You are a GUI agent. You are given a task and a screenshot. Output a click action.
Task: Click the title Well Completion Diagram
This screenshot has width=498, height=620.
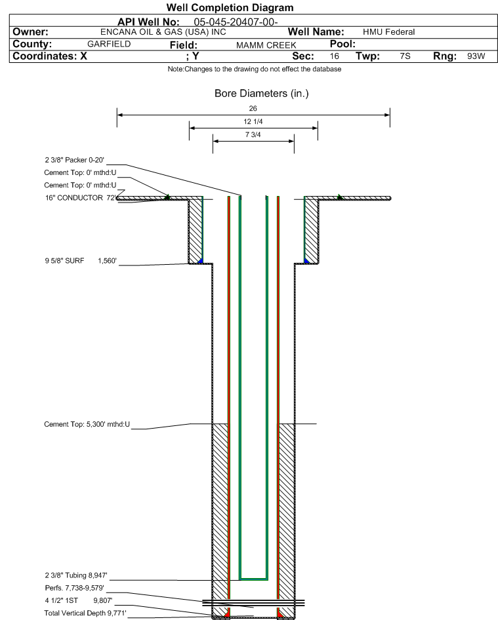pos(230,8)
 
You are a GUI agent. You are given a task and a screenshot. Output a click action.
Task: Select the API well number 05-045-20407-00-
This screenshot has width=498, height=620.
pos(232,22)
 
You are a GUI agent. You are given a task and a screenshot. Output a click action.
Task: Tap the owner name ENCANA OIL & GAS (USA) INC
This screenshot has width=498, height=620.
pos(155,31)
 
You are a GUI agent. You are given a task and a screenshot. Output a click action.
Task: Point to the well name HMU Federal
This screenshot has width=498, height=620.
pos(388,32)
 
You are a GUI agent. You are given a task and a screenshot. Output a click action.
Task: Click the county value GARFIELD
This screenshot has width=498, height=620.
pos(109,44)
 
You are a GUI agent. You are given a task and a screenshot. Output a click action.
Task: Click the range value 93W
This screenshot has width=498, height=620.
pos(476,56)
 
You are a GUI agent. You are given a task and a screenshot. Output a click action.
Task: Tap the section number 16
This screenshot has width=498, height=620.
pos(335,56)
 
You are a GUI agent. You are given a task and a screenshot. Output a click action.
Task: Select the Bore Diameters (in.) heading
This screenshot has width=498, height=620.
pos(261,94)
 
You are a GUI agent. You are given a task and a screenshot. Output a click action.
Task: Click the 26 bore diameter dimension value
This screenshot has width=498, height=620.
pos(253,108)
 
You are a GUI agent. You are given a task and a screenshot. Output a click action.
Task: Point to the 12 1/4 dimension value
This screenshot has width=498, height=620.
pos(253,122)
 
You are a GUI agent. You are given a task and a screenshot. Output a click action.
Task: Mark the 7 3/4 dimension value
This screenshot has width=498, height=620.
pos(253,135)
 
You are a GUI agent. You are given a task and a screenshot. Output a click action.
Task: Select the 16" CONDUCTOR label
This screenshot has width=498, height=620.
pos(74,197)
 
